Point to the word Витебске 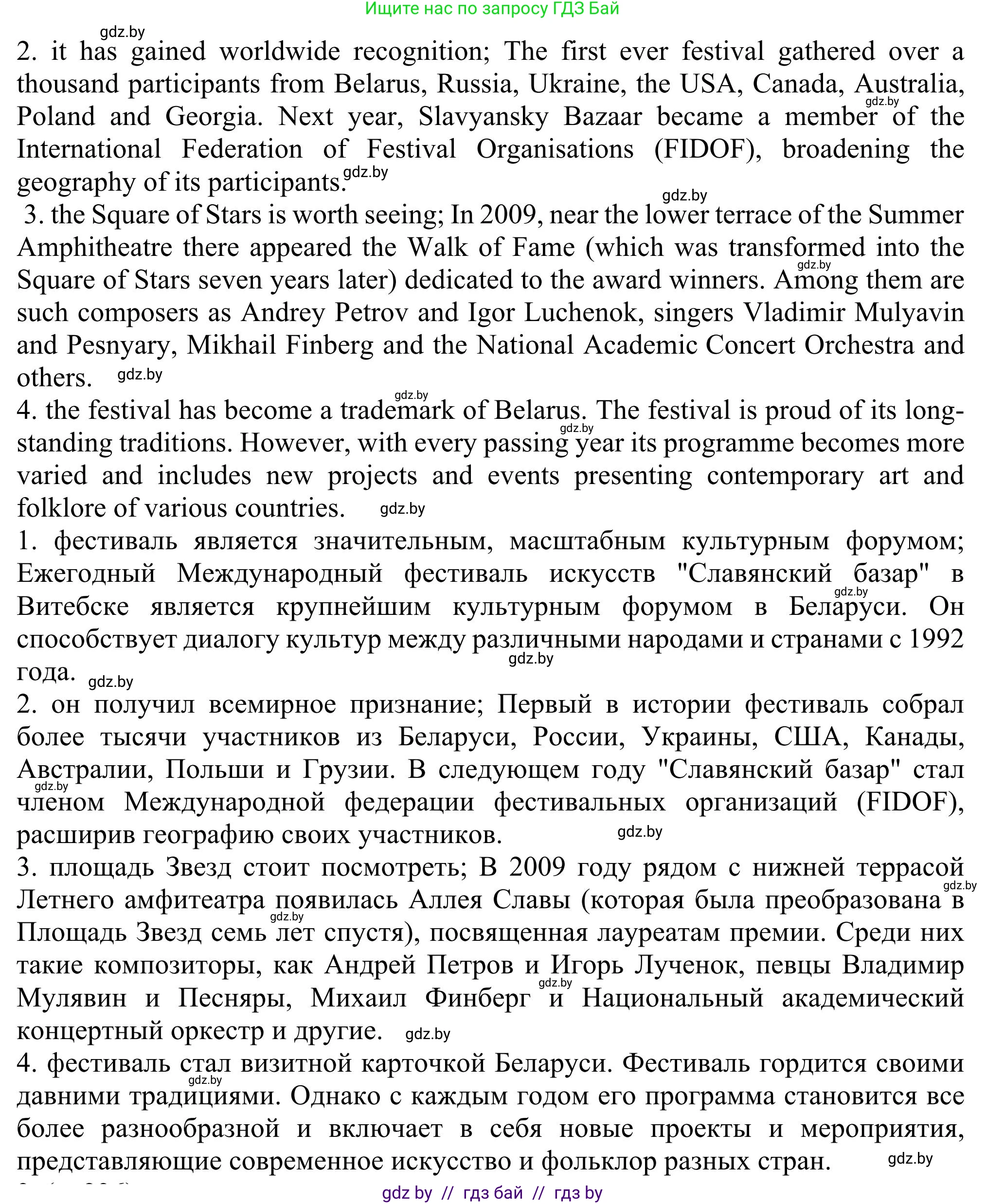[x=72, y=607]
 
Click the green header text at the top [x=492, y=9]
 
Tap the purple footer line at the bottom [x=492, y=1193]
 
